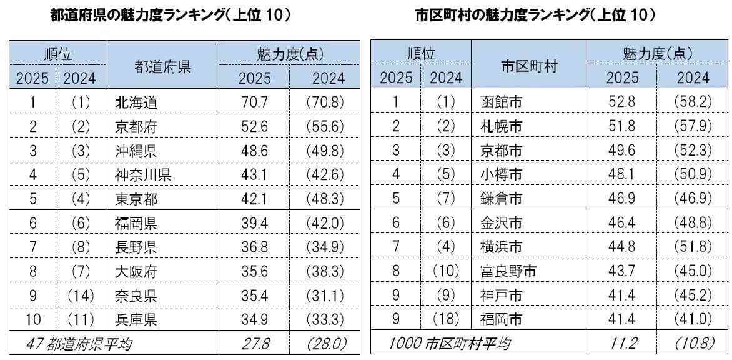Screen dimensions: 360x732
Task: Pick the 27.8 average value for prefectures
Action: (254, 343)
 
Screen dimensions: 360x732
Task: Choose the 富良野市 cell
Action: (506, 271)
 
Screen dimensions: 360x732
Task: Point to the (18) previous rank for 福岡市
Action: (447, 320)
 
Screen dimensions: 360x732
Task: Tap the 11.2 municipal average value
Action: (621, 343)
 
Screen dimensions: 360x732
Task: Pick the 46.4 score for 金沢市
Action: (621, 223)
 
